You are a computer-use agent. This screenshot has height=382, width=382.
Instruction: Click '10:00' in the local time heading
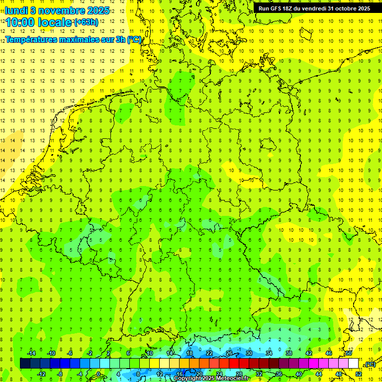tap(19, 22)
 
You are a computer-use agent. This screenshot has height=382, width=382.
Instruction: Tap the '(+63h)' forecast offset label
tap(86, 22)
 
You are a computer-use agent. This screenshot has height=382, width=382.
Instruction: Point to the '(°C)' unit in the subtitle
tap(134, 39)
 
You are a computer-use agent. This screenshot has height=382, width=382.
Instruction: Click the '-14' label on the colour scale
tap(31, 353)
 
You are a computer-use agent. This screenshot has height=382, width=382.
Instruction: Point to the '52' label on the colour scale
tap(359, 374)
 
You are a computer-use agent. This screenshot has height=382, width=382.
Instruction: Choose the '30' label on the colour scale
tap(249, 353)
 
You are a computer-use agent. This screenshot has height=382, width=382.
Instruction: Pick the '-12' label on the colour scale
tap(41, 374)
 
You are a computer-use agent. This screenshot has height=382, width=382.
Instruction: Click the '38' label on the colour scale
tap(288, 353)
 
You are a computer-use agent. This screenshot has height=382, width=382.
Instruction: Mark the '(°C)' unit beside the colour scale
tap(370, 365)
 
